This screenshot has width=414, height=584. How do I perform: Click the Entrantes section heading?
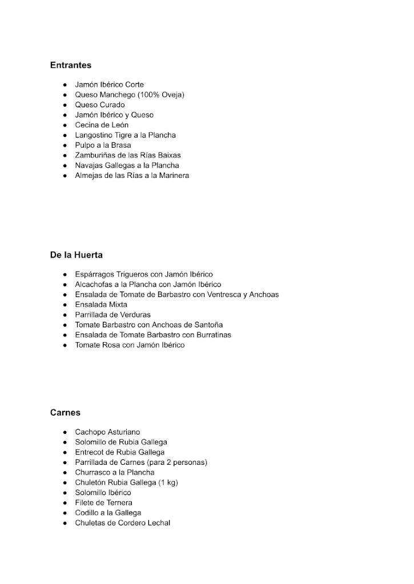point(71,66)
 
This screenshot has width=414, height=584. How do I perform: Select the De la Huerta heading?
point(77,255)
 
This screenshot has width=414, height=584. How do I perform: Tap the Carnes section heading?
point(65,412)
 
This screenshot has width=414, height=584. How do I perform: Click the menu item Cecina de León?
point(102,125)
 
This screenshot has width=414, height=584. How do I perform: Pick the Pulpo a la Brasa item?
point(103,145)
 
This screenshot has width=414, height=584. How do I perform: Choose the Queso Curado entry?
point(99,105)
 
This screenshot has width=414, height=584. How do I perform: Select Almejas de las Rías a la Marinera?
point(132,175)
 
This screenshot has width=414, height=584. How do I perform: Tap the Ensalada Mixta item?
point(101,305)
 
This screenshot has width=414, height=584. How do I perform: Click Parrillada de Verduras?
point(113,315)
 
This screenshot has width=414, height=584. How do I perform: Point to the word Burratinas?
point(212,335)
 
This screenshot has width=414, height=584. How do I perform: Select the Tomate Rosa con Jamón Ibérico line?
point(130,345)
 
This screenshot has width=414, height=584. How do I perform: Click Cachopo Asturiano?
point(107,432)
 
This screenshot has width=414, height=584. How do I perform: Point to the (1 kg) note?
point(168,482)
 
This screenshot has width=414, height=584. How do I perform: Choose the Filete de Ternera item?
point(103,502)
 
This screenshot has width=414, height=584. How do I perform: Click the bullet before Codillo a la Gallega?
point(66,513)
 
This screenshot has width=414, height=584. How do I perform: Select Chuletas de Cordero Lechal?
point(123,523)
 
